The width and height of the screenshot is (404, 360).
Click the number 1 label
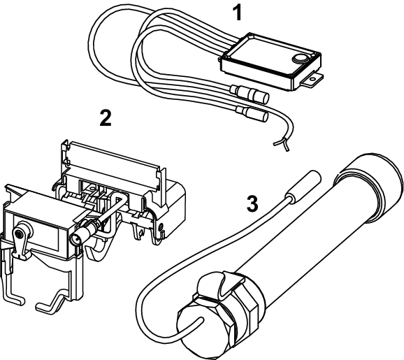coord(238,13)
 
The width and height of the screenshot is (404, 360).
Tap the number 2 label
coord(106,117)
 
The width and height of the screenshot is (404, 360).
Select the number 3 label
coord(252,203)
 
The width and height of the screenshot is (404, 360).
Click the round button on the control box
coord(300,58)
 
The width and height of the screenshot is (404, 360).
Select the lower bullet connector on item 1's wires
coord(252,114)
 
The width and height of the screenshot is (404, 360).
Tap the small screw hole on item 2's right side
coord(161,226)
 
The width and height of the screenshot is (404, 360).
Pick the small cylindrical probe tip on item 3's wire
coord(304,185)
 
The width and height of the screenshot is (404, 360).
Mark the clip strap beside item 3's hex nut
coord(232,284)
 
